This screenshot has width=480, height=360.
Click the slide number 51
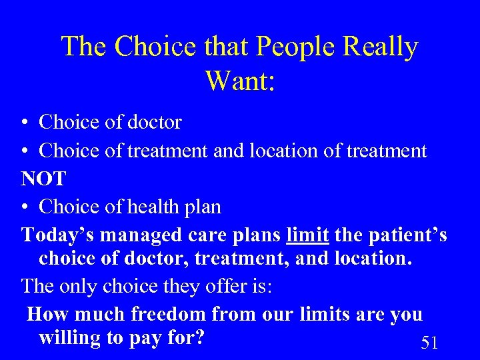click(430, 343)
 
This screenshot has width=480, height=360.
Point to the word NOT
click(44, 179)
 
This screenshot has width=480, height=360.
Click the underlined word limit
click(307, 235)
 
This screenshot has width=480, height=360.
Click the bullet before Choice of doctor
click(24, 123)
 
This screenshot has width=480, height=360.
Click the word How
click(47, 313)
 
